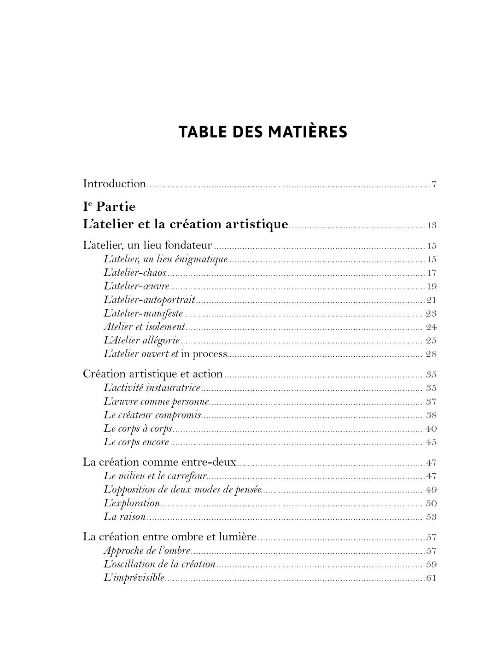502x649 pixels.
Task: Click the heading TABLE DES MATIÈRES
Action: click(x=263, y=132)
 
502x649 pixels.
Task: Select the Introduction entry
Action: click(x=114, y=184)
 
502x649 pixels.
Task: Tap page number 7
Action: click(x=434, y=185)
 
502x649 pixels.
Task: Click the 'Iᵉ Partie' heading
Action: click(x=109, y=206)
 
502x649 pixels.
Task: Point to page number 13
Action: click(x=432, y=226)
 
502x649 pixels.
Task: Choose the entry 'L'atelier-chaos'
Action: click(x=134, y=272)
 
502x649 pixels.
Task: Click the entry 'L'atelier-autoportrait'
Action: click(x=149, y=300)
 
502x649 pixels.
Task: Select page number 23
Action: click(x=431, y=313)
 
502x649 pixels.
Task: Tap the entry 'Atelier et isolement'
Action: click(x=144, y=327)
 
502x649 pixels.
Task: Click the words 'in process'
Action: click(x=204, y=354)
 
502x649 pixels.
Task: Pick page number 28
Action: click(x=431, y=354)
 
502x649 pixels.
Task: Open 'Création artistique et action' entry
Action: click(x=153, y=374)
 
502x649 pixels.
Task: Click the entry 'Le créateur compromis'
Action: click(x=152, y=415)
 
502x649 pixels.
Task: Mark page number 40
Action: click(x=431, y=429)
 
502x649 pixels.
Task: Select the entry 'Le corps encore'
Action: click(x=136, y=442)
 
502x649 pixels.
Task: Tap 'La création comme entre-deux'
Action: click(x=159, y=462)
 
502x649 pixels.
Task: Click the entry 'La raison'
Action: click(x=125, y=516)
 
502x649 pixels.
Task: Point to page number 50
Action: click(x=431, y=503)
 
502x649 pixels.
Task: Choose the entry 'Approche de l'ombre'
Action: click(x=147, y=550)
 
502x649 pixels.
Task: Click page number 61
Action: click(x=432, y=578)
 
